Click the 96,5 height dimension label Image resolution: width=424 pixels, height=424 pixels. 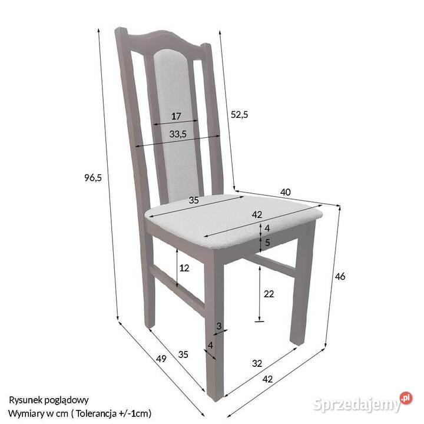point(93,178)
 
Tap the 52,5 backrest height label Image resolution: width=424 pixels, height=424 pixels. point(239,115)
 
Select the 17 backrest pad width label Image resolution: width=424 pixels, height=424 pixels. point(175,116)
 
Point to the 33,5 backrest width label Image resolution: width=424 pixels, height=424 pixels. point(178,134)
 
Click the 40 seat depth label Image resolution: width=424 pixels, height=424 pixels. point(285,192)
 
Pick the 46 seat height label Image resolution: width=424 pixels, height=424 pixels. point(340,276)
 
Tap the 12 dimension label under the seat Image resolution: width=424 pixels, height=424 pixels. point(184,268)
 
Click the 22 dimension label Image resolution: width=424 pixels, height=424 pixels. point(269,294)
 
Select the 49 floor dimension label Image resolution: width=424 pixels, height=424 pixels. point(161,359)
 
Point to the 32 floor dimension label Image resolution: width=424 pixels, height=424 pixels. point(257,363)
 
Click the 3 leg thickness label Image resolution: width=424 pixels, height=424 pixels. point(219,326)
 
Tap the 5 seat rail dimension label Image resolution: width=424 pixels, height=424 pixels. point(267,242)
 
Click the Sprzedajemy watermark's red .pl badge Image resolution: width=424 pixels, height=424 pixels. point(406,398)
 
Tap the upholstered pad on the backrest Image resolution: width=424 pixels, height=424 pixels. point(176,124)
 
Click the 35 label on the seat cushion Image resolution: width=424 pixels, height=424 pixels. point(194,200)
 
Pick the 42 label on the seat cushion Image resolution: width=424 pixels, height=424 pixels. point(257,214)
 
